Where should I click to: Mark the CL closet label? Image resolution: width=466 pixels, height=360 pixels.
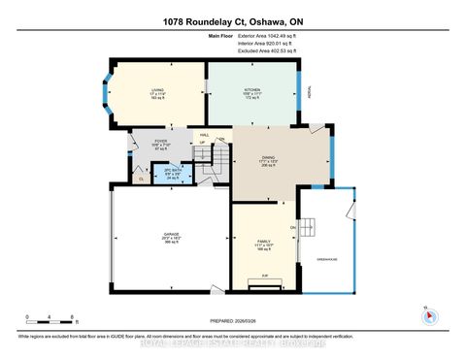pos(142,179)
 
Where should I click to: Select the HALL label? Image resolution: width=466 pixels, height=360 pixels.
pos(203,135)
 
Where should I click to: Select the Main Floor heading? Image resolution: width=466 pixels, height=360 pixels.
pos(222,35)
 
